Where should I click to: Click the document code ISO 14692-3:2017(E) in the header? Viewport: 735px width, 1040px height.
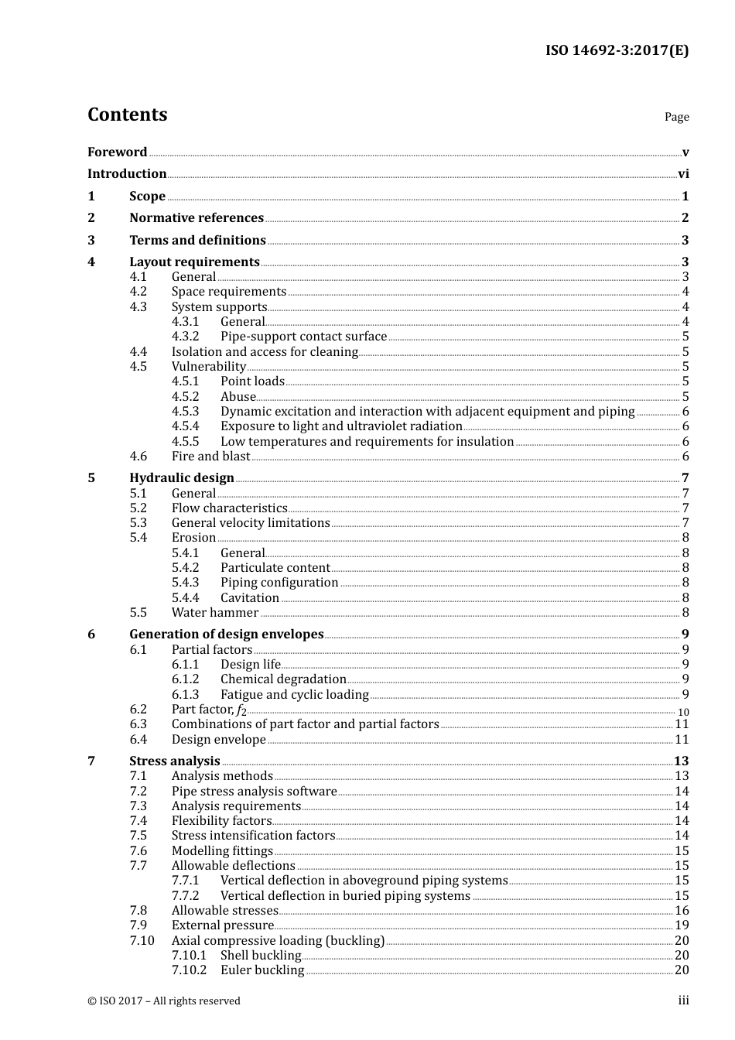click(617, 51)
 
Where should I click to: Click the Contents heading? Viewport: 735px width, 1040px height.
click(127, 115)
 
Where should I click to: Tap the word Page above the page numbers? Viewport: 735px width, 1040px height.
click(676, 117)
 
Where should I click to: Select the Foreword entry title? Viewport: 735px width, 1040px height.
click(117, 152)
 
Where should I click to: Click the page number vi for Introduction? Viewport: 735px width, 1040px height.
click(683, 174)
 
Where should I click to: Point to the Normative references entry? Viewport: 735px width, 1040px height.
click(197, 218)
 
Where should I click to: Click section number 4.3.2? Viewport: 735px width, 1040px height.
click(185, 337)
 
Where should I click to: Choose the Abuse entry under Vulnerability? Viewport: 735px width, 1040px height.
click(238, 397)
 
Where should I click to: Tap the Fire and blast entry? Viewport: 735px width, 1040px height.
click(210, 457)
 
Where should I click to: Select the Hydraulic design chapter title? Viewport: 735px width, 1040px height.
click(182, 478)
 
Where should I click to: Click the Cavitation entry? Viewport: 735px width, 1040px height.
click(249, 598)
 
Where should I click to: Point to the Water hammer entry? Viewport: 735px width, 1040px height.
click(215, 613)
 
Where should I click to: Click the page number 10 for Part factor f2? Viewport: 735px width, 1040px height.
click(683, 712)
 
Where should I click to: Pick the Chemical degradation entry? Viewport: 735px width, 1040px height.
click(283, 679)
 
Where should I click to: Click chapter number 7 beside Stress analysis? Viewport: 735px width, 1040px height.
click(91, 761)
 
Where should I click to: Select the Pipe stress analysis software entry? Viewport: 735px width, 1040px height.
click(254, 792)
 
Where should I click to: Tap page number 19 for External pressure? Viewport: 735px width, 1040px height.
click(682, 925)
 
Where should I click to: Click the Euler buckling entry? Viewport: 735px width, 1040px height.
click(262, 970)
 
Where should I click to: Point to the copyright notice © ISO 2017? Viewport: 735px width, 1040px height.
click(164, 1001)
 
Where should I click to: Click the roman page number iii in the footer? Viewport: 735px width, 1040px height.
click(684, 1001)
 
